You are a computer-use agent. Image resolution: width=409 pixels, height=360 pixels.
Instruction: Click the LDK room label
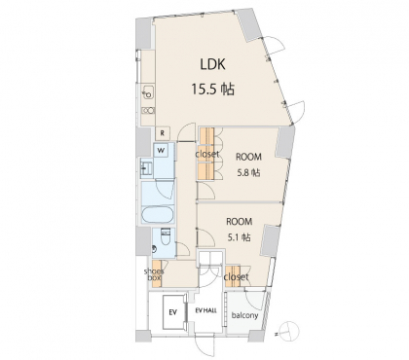pyautogui.click(x=212, y=64)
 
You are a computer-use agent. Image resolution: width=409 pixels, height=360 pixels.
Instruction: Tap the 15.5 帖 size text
pyautogui.click(x=212, y=89)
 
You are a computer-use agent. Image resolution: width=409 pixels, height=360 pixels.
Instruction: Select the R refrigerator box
pyautogui.click(x=163, y=132)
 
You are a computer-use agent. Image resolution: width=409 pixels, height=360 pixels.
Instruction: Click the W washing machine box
pyautogui.click(x=161, y=150)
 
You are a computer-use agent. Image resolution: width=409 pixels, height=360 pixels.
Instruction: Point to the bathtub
pyautogui.click(x=158, y=214)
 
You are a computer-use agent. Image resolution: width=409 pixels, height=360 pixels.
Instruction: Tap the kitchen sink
pyautogui.click(x=148, y=93)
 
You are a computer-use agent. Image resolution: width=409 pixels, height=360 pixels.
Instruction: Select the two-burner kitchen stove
pyautogui.click(x=148, y=111)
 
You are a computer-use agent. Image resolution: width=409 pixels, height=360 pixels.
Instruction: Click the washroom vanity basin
pyautogui.click(x=146, y=168)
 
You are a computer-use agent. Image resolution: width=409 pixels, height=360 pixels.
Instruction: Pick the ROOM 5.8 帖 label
pyautogui.click(x=248, y=164)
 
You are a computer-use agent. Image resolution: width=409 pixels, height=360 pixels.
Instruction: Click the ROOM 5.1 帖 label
pyautogui.click(x=240, y=230)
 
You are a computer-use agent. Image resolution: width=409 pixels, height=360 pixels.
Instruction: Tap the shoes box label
pyautogui.click(x=154, y=274)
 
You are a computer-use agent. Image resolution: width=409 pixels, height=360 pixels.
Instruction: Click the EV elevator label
pyautogui.click(x=172, y=312)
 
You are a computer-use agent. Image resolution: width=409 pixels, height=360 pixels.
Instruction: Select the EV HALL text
pyautogui.click(x=205, y=310)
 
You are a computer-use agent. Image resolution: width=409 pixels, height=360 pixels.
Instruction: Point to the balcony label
pyautogui.click(x=244, y=315)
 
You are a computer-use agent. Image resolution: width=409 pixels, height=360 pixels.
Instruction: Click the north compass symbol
pyautogui.click(x=288, y=331)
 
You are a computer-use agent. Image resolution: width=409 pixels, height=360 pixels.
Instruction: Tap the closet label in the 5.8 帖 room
pyautogui.click(x=207, y=154)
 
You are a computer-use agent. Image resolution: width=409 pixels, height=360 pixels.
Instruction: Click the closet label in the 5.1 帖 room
pyautogui.click(x=236, y=277)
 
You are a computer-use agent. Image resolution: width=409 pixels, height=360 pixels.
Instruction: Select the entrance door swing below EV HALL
pyautogui.click(x=205, y=347)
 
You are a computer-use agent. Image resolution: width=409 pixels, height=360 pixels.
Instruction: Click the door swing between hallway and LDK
pyautogui.click(x=187, y=132)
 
